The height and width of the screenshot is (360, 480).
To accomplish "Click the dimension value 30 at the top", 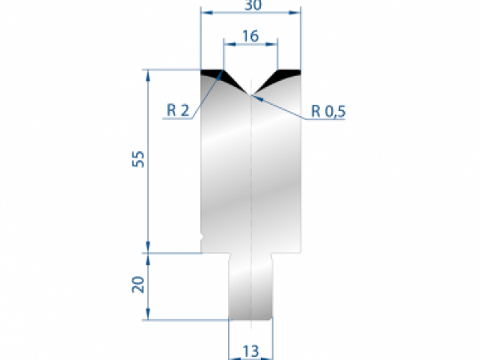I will pos(251,5).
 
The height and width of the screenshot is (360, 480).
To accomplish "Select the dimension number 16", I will pos(250,36).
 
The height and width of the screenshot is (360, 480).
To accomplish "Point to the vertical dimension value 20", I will pos(138,286).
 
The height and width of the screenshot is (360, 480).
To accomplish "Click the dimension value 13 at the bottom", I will pos(251,350).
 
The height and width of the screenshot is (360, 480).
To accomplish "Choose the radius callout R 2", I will pos(178,111).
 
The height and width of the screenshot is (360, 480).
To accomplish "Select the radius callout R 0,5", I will pos(327,111).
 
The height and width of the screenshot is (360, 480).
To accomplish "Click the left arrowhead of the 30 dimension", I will pos(204,13).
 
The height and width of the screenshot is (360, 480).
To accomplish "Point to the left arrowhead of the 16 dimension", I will pos(227,45).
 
